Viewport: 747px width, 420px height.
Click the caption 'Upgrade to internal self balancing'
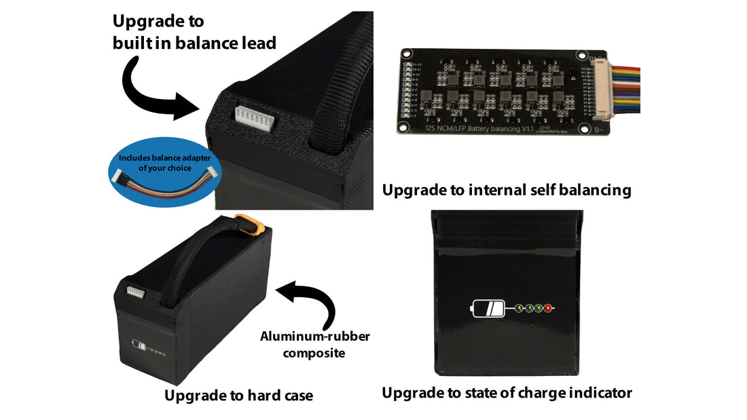click(x=507, y=190)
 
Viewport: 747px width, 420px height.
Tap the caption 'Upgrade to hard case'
click(x=238, y=395)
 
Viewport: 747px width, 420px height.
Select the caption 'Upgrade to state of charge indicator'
click(x=507, y=392)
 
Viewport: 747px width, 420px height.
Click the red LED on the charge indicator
click(x=547, y=309)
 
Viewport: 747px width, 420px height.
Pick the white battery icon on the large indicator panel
click(x=488, y=309)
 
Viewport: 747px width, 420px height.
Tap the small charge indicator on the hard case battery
click(x=151, y=348)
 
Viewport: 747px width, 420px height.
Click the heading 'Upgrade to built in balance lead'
click(x=194, y=32)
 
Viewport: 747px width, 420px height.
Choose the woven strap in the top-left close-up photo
click(x=340, y=81)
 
